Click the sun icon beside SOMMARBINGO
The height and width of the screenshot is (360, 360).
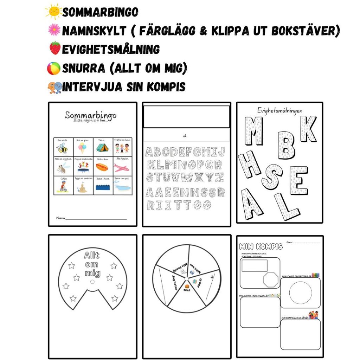(53, 12)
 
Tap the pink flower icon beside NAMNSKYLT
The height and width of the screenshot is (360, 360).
(54, 30)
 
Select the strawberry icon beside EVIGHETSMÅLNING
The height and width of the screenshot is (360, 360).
(54, 48)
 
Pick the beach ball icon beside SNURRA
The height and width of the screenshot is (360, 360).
(54, 67)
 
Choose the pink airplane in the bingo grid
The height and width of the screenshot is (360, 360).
(122, 167)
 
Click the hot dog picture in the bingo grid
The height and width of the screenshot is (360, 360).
(102, 167)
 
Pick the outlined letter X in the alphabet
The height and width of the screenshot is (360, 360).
(199, 177)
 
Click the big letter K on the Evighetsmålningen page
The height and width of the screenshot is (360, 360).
(308, 129)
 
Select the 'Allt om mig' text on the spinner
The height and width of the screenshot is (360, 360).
(92, 264)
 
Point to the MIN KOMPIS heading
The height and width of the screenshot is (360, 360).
(261, 246)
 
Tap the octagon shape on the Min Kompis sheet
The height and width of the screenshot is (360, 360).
(270, 279)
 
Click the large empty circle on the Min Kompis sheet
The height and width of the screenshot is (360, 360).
(300, 292)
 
